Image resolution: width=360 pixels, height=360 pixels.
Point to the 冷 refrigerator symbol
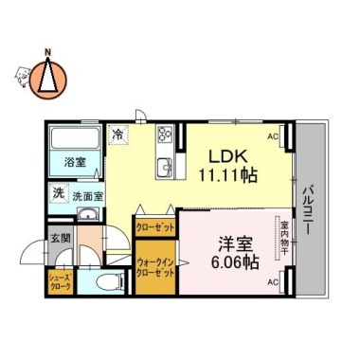click(117, 135)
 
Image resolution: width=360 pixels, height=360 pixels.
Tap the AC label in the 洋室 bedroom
click(273, 282)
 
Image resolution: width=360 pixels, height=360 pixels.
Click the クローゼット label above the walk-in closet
click(152, 227)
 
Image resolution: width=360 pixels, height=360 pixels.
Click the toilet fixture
click(104, 280)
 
